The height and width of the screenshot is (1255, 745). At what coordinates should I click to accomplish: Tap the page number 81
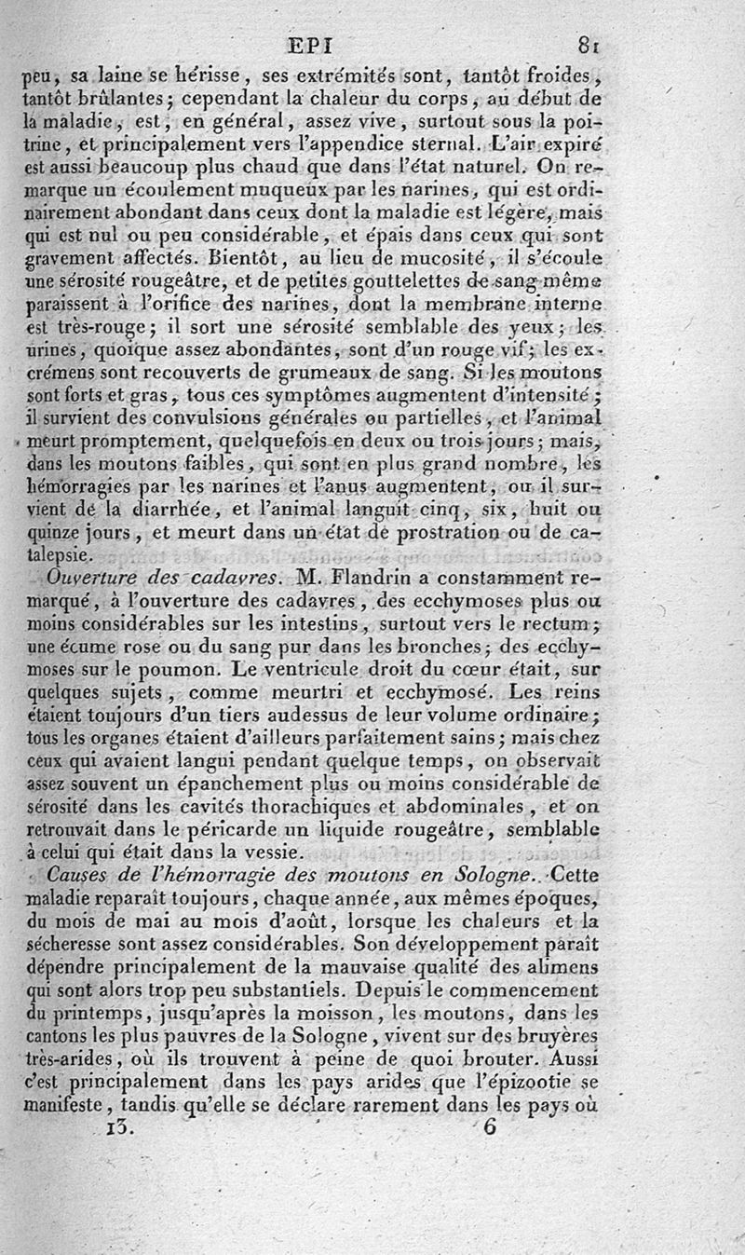(x=587, y=43)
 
